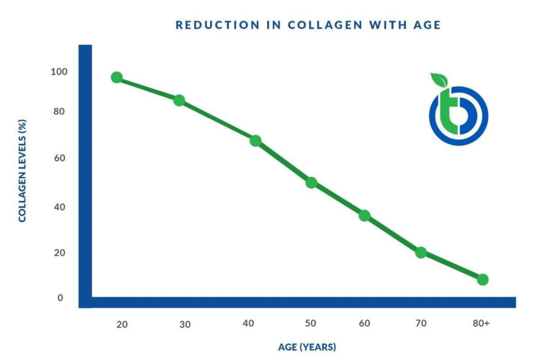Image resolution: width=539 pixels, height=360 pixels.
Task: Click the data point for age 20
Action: (x=117, y=77)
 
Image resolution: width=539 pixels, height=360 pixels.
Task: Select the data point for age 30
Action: (x=179, y=100)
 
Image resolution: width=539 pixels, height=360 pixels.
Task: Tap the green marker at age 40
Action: (x=255, y=141)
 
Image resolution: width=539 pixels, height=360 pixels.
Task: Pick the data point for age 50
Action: (x=311, y=182)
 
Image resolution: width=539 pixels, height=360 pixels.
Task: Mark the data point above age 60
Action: (x=364, y=215)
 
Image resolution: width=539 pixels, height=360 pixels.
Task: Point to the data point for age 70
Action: (x=421, y=252)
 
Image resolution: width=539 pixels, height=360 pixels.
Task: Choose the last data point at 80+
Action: (x=482, y=279)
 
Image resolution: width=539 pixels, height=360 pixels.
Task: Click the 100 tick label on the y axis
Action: (x=59, y=72)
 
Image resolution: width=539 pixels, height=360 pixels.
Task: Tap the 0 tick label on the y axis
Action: (x=60, y=298)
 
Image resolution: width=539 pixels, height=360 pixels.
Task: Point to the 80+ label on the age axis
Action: (x=481, y=324)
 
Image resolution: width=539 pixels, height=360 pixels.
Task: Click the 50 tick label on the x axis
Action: (x=311, y=324)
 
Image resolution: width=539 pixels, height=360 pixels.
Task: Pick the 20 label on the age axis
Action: (x=122, y=324)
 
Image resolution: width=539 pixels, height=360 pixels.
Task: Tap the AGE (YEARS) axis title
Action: (x=307, y=347)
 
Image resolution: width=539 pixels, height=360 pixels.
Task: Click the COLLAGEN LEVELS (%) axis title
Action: (x=23, y=171)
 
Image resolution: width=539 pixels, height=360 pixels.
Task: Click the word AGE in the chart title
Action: (x=426, y=25)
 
